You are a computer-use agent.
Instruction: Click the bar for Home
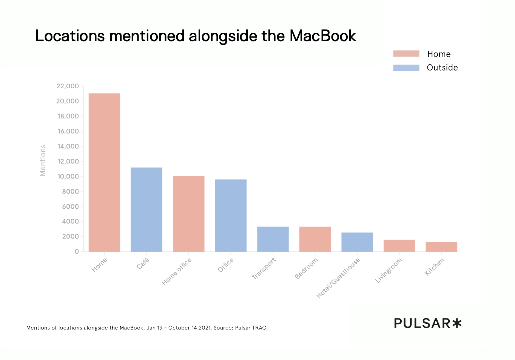coord(104,172)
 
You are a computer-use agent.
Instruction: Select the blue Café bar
coord(146,209)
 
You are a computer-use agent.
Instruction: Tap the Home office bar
coord(188,214)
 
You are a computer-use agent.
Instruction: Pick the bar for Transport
coord(273,239)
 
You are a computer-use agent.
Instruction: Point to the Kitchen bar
coord(441,246)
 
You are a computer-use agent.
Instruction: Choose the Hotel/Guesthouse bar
coord(357,242)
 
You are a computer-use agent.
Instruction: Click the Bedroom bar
coord(315,239)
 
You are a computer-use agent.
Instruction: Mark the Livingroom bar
coord(399,245)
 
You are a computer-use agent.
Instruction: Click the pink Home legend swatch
coord(406,54)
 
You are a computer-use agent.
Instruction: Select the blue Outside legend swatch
coord(406,68)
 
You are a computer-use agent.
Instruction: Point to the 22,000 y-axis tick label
coord(68,86)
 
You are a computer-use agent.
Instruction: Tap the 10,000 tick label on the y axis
coord(68,176)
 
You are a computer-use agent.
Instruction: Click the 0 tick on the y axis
coord(77,251)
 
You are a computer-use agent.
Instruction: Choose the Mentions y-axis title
coord(43,160)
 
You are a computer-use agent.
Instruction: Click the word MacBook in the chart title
coord(322,36)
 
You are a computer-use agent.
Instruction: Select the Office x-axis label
coord(226,265)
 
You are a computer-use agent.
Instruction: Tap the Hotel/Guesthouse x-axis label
coord(338,278)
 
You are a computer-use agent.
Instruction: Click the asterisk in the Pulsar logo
coord(457,323)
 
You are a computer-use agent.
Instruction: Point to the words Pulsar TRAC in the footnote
coord(250,328)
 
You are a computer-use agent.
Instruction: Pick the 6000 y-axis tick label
coord(70,206)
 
